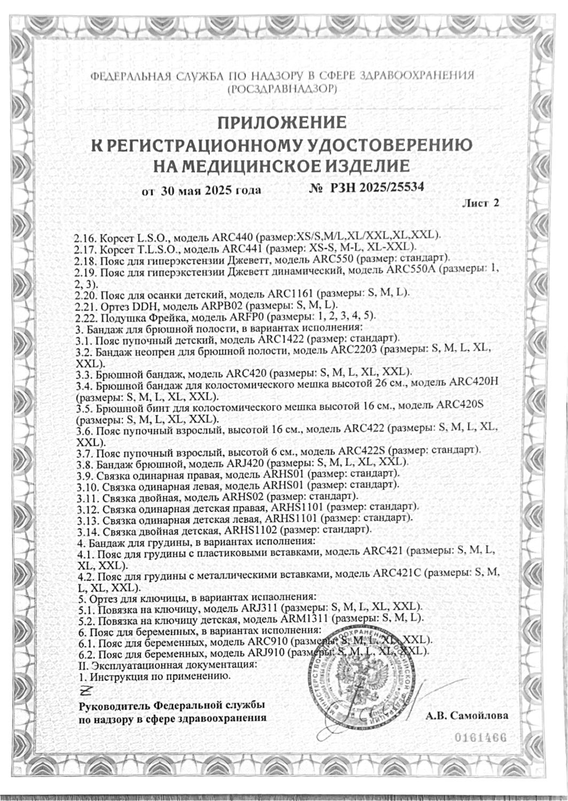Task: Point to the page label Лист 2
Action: click(483, 203)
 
